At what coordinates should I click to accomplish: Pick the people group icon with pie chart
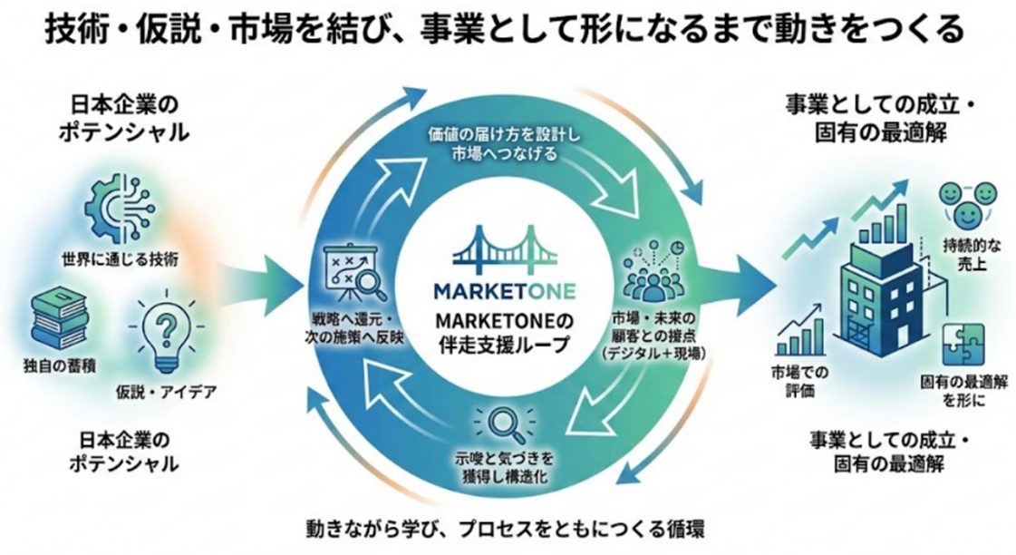pyautogui.click(x=654, y=272)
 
